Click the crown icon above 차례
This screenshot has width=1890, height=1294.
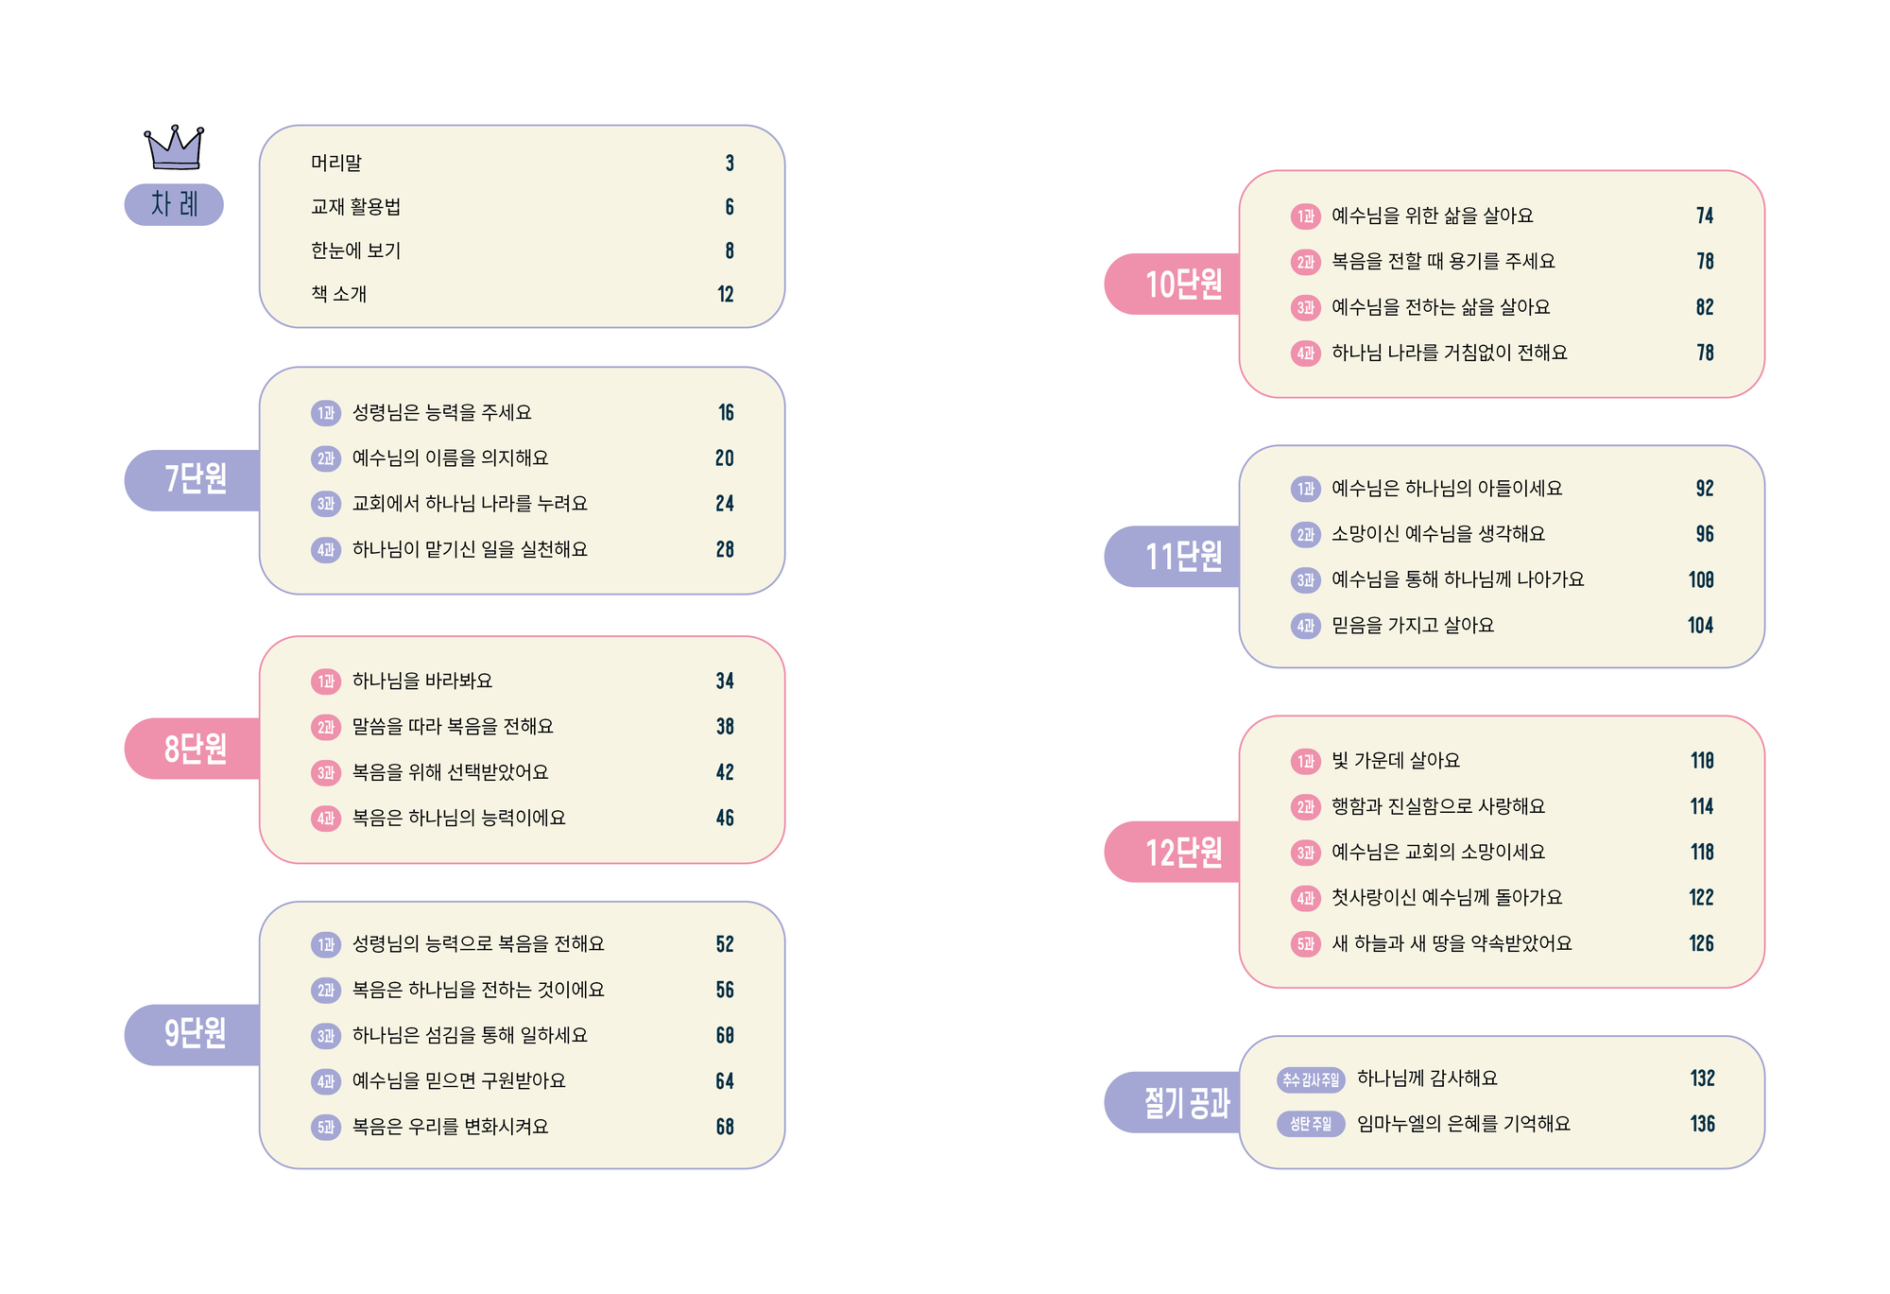click(174, 147)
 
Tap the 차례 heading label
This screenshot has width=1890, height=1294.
click(174, 204)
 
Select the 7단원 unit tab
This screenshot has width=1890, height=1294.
click(193, 480)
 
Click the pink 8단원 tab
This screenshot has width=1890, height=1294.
click(193, 749)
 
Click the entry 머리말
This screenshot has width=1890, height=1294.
click(336, 163)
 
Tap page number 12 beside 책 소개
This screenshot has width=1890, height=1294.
click(726, 294)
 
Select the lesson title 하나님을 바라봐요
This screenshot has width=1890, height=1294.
click(422, 681)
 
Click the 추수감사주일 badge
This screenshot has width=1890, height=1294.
click(1311, 1079)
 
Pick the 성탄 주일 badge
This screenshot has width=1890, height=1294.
click(1311, 1124)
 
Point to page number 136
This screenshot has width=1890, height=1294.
click(1703, 1124)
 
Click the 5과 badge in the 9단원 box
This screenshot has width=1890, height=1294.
click(326, 1127)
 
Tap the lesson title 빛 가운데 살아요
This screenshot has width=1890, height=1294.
click(1396, 760)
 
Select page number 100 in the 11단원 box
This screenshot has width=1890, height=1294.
click(1702, 579)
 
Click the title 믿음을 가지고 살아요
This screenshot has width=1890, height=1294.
click(1413, 625)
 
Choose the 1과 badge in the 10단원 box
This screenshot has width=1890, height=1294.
click(1306, 216)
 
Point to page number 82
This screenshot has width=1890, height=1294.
click(1705, 307)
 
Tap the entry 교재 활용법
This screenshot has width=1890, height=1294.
click(356, 206)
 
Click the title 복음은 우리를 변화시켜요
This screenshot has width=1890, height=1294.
click(450, 1127)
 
